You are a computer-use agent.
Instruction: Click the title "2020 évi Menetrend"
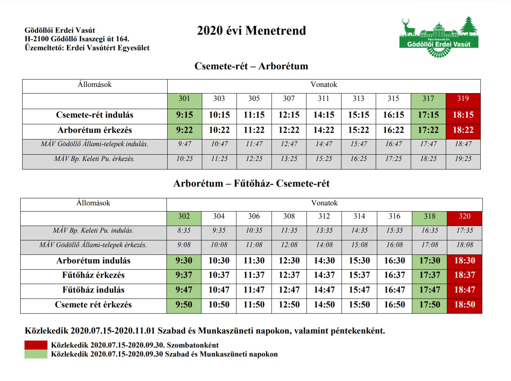click(251, 30)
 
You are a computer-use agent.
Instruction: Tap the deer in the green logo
click(408, 27)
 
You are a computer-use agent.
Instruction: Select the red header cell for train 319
click(463, 99)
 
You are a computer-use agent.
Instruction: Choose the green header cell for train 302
click(184, 217)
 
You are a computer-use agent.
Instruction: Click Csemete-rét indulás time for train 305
click(254, 115)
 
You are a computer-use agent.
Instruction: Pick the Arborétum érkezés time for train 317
click(428, 130)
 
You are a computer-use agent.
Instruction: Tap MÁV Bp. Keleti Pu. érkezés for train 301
click(184, 159)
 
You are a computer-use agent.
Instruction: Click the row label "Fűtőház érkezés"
click(93, 275)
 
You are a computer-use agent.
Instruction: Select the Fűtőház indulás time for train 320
click(464, 290)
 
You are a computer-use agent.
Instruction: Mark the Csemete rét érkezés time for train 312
click(324, 305)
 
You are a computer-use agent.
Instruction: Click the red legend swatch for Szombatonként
click(36, 345)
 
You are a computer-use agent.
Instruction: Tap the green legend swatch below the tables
click(36, 354)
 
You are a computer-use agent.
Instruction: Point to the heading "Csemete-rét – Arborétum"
click(251, 66)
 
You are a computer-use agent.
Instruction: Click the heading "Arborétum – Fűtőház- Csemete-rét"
click(251, 183)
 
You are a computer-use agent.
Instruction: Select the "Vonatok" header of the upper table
click(324, 85)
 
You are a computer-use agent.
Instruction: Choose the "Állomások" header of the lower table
click(93, 203)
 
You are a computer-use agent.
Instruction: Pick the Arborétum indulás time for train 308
click(289, 261)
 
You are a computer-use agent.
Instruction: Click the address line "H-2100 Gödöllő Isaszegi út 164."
click(77, 39)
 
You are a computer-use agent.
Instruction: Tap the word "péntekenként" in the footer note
click(358, 331)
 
